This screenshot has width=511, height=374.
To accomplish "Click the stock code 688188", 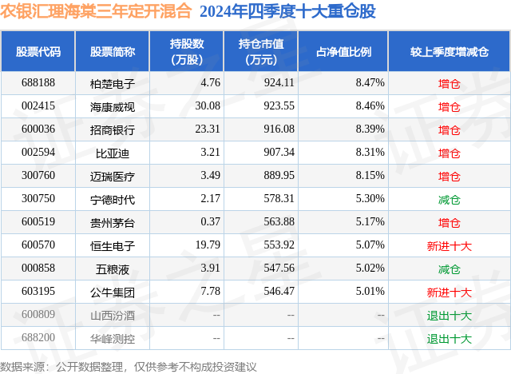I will pos(38,82).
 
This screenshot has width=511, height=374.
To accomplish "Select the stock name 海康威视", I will pos(113,105).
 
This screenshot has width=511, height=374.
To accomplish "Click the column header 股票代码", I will pos(38,52).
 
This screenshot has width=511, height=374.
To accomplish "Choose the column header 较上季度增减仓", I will pos(450,52).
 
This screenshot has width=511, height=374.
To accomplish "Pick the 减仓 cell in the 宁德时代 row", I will pos(450,199).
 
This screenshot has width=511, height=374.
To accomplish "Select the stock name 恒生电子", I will pos(113,245).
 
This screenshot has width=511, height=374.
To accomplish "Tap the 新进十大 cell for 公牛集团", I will pos(450,292).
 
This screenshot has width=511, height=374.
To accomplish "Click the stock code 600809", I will pos(38,315).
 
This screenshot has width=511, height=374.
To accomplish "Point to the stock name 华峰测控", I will pos(113,338).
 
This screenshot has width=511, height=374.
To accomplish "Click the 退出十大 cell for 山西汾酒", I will pos(450,315).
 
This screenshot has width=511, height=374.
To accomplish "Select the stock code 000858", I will pos(38,269).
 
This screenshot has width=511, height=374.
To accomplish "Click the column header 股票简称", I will pos(113,52).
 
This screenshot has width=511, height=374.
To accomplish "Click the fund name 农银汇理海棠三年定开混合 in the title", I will pos(97,12).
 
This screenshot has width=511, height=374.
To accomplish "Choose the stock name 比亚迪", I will pos(113,152).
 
